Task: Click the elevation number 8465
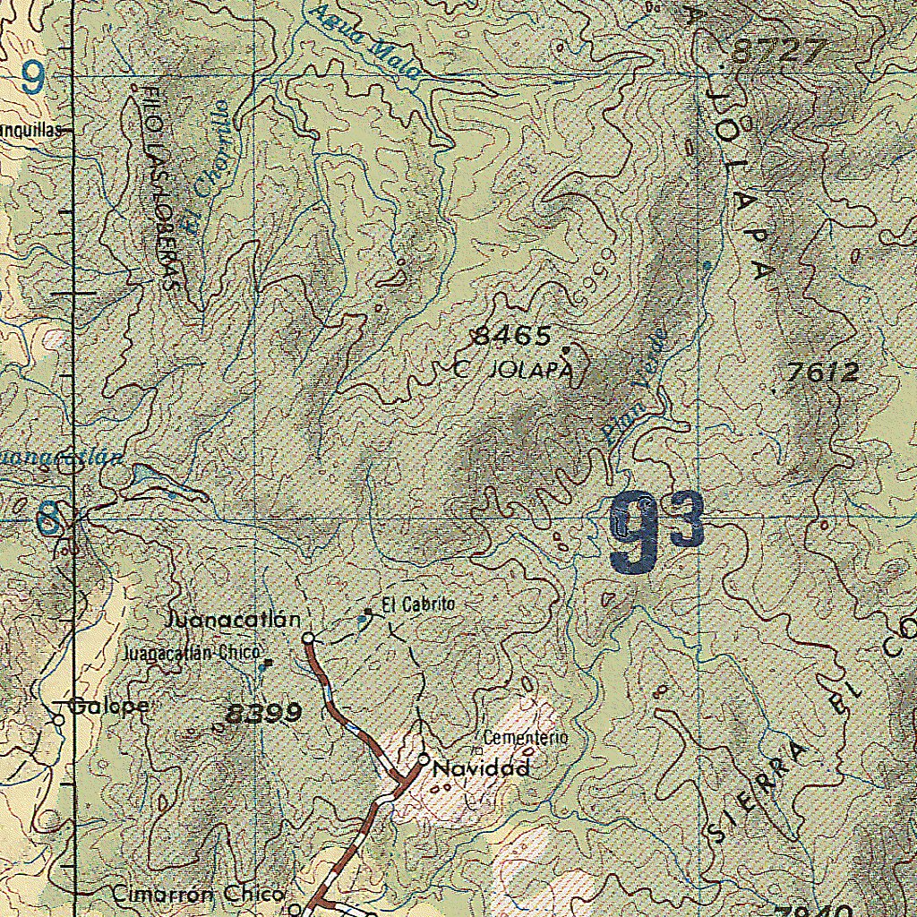tap(511, 336)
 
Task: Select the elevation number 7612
tap(822, 372)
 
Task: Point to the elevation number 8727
tap(776, 52)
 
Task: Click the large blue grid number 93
tap(656, 531)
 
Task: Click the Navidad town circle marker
tap(424, 760)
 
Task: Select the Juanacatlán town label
tap(233, 620)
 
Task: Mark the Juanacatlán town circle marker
tap(308, 638)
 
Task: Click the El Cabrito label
tap(418, 604)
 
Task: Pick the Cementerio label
tap(525, 738)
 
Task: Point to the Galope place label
tap(109, 706)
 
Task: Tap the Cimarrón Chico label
tap(198, 894)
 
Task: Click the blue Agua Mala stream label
tap(361, 40)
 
